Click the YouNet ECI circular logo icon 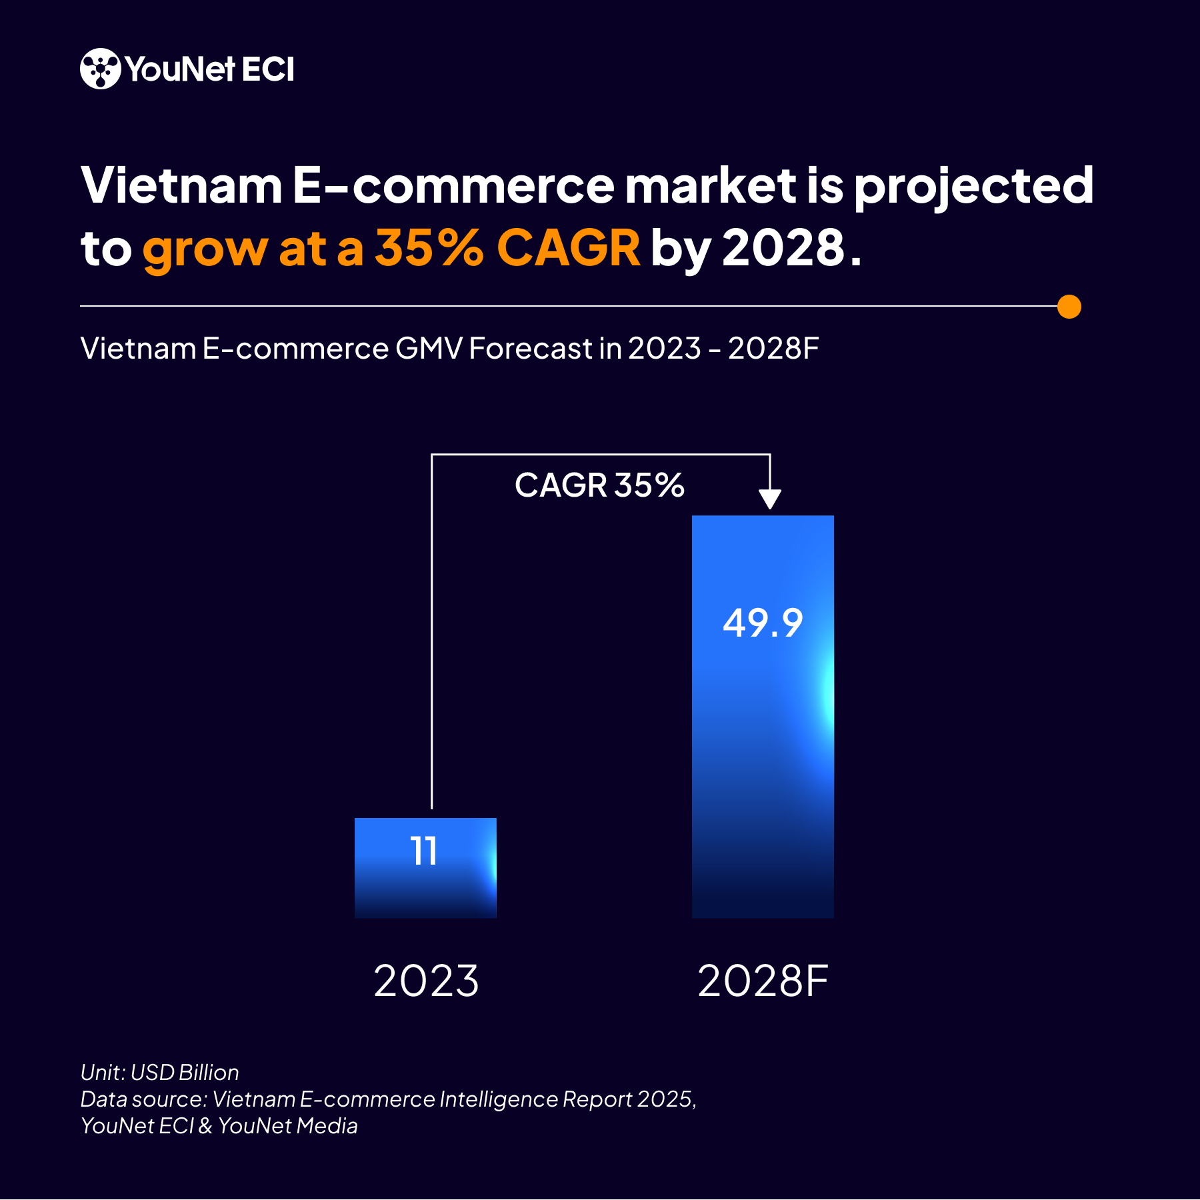coord(100,69)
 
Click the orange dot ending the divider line coord(1069,307)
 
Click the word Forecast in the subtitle coord(531,348)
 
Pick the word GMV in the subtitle coord(428,348)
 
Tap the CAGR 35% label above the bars coord(599,485)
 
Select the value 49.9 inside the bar coord(763,623)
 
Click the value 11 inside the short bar coord(424,851)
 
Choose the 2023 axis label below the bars coord(426,981)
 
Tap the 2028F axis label coord(763,981)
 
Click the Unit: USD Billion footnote coord(160,1072)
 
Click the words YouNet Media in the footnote coord(288,1125)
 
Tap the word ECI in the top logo coord(268,69)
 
